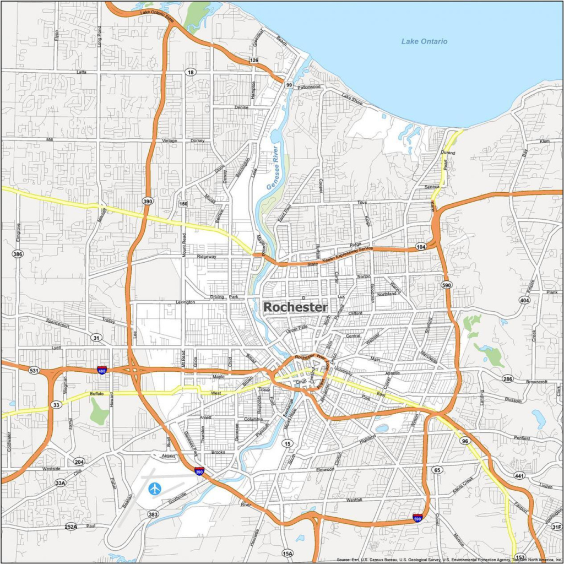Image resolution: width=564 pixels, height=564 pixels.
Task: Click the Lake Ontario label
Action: coord(424,41)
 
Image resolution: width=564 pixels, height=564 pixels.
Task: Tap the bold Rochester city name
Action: coord(295,307)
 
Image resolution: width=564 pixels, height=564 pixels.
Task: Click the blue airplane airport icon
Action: coord(155,488)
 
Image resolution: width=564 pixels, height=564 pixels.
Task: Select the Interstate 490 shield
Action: coord(102,370)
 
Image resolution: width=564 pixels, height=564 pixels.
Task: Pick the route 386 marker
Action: coord(18,254)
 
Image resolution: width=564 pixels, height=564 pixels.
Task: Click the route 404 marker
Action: coord(524,300)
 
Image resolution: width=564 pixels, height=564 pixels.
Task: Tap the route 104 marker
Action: coord(421,246)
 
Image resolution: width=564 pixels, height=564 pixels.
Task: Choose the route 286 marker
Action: coord(507,378)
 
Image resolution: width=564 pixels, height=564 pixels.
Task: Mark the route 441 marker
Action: coord(519,475)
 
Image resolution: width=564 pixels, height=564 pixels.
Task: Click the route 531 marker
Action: coord(34,371)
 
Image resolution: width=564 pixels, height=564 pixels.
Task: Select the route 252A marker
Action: coord(70,527)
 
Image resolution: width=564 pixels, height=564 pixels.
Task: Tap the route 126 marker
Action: coord(253,60)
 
